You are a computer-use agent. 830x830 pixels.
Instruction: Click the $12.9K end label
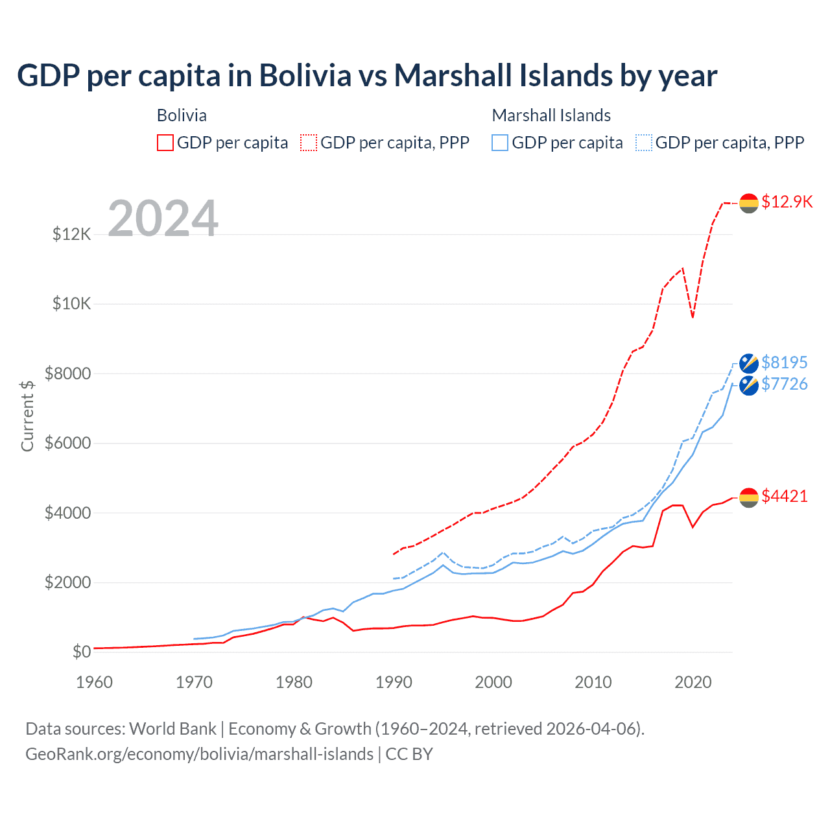[787, 202]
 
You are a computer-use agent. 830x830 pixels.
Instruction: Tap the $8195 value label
[785, 362]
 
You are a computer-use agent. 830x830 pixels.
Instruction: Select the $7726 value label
[785, 385]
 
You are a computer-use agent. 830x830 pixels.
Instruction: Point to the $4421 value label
[785, 497]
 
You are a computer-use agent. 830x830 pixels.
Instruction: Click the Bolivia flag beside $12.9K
[749, 203]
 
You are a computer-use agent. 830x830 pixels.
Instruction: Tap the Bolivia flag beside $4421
[749, 497]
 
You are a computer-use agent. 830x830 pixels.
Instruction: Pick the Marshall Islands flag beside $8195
[749, 363]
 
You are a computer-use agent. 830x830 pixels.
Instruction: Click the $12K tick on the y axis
[72, 234]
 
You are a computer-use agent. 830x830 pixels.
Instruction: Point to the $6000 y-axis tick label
[67, 444]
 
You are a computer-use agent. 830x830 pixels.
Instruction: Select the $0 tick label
[81, 652]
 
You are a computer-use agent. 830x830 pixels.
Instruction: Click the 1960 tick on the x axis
[94, 682]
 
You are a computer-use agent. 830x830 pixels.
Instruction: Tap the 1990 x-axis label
[394, 682]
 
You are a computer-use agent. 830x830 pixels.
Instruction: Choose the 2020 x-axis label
[693, 682]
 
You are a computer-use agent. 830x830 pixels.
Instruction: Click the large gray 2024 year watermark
[163, 219]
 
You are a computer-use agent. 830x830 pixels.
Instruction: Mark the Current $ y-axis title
[27, 416]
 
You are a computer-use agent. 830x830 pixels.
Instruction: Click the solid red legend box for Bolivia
[165, 143]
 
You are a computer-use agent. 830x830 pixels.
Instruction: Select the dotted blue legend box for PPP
[644, 143]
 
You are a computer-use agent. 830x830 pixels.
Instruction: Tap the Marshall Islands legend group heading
[551, 115]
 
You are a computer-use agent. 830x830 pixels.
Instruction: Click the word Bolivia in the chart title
[305, 75]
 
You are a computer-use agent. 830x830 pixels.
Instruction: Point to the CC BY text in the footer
[409, 754]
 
